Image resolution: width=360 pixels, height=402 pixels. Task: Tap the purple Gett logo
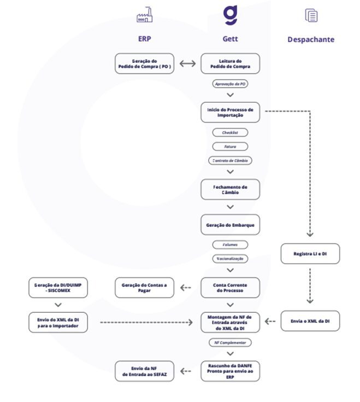tap(230, 15)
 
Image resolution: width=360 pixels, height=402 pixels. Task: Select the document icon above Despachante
tap(311, 15)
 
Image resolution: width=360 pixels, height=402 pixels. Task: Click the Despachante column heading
tap(311, 39)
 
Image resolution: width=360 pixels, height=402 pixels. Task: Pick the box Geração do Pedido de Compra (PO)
tap(144, 63)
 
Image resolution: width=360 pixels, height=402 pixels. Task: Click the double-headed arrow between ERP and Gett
tap(187, 63)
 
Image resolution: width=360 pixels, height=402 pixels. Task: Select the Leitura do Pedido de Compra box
tap(230, 63)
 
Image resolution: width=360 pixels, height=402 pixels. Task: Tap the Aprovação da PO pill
tap(230, 84)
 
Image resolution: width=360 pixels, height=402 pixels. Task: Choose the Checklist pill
tap(230, 132)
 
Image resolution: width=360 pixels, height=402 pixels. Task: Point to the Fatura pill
tap(230, 147)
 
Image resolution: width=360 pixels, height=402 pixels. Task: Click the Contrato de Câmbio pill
tap(230, 160)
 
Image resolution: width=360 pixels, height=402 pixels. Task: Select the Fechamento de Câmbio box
tap(230, 189)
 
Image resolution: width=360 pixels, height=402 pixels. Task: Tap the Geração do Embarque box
tap(230, 225)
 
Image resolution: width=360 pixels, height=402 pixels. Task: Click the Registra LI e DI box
tap(310, 254)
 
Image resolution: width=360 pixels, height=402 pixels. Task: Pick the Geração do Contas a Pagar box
tap(144, 288)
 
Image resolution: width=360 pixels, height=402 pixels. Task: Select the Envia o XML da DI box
tap(310, 321)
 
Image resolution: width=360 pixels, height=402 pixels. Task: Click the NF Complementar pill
tap(230, 342)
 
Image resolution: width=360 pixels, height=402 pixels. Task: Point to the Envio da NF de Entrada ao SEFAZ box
tap(144, 371)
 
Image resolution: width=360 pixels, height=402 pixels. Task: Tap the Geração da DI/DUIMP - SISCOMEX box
tap(58, 288)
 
